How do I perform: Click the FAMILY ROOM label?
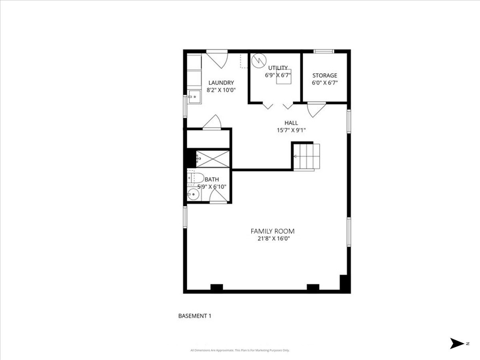[272, 231]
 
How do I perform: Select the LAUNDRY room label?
[221, 83]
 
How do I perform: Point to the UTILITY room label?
[278, 68]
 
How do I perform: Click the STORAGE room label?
[324, 75]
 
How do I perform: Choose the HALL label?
[291, 123]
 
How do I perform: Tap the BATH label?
[212, 180]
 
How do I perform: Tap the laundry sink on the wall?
[195, 96]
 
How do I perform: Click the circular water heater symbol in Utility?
[259, 61]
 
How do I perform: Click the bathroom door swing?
[218, 196]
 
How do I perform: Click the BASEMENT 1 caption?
[194, 316]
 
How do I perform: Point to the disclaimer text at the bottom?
[240, 350]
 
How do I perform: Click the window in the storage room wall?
[324, 51]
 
